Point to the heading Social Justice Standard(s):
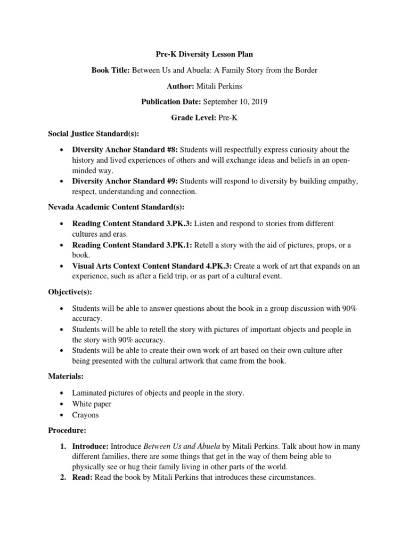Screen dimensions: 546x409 [x=93, y=134]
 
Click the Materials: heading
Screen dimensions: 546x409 [x=66, y=376]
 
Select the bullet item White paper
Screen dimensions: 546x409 [x=92, y=404]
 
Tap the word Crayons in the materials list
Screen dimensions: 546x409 [x=86, y=414]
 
